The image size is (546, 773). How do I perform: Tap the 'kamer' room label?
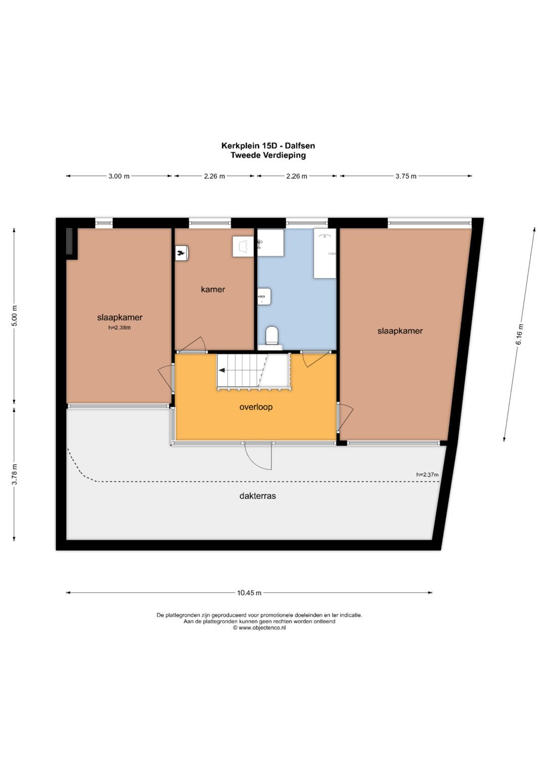click(213, 289)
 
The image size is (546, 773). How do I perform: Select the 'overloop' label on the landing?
click(256, 407)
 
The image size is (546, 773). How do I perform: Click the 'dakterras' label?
click(257, 496)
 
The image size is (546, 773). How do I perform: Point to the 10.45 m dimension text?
click(249, 593)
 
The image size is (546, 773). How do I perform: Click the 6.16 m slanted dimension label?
click(520, 334)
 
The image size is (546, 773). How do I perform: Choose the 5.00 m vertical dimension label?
click(14, 316)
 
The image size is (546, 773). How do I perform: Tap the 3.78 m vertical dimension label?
click(14, 474)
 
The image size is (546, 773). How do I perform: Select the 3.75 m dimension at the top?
click(405, 176)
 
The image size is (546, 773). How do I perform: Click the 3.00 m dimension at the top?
click(119, 176)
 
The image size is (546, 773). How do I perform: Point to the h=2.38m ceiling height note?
click(119, 328)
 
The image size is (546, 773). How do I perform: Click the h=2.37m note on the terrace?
click(427, 474)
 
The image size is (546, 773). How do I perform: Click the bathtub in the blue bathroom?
click(325, 253)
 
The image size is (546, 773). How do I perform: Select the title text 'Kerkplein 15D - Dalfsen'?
click(268, 146)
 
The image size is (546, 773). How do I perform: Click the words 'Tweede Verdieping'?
click(268, 155)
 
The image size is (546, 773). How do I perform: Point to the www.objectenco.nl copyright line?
click(259, 628)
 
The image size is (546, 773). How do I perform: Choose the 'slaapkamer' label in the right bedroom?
click(400, 331)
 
